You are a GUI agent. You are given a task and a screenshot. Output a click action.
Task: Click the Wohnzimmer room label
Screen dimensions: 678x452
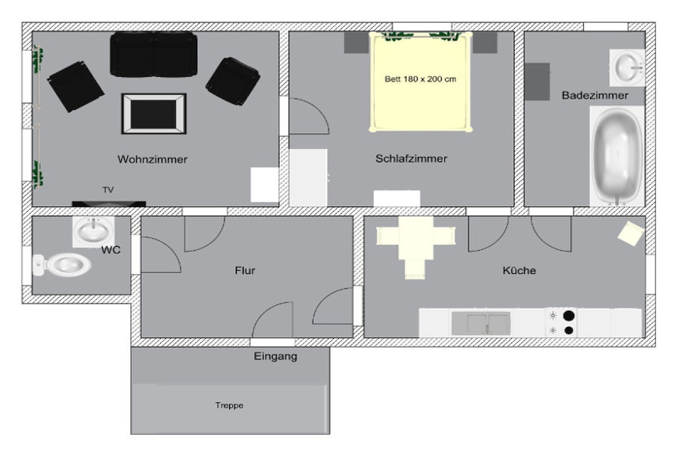pos(152,159)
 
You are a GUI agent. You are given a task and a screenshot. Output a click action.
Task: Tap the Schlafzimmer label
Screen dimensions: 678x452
pos(411,159)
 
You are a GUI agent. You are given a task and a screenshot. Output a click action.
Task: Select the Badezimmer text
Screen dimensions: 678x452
pos(595,95)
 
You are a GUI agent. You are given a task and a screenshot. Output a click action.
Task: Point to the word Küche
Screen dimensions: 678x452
pos(519,271)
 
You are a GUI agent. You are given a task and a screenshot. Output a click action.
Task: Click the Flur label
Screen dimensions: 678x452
pos(245,271)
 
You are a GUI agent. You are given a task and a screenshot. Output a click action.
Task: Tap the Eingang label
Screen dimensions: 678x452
pos(275,357)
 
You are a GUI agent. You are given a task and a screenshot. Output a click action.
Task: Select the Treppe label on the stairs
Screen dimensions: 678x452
pos(229,405)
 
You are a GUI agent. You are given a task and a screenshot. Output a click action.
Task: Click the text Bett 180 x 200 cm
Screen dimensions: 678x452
pos(420,79)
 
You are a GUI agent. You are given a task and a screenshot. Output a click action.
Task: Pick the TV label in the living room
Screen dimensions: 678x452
pos(108,190)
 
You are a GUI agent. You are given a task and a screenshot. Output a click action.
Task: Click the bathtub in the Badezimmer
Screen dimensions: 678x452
pos(616,156)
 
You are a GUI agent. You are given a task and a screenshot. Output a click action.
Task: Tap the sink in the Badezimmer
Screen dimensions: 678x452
pos(628,68)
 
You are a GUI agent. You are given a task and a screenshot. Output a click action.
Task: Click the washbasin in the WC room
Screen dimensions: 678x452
pos(93,231)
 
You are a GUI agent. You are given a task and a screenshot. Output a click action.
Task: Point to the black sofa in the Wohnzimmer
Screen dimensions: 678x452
pos(154,54)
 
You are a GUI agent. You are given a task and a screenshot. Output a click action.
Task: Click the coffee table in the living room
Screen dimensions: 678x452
pos(154,114)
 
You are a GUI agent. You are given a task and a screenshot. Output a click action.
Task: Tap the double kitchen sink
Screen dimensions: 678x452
pos(481,323)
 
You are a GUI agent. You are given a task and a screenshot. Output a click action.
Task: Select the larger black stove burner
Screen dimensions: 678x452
pos(569,316)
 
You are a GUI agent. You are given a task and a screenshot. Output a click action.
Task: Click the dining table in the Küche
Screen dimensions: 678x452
pos(416,238)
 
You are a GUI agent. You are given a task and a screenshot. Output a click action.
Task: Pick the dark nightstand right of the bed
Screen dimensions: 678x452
pos(485,42)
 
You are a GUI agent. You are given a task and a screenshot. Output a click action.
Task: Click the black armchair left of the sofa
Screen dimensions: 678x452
pos(75,87)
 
